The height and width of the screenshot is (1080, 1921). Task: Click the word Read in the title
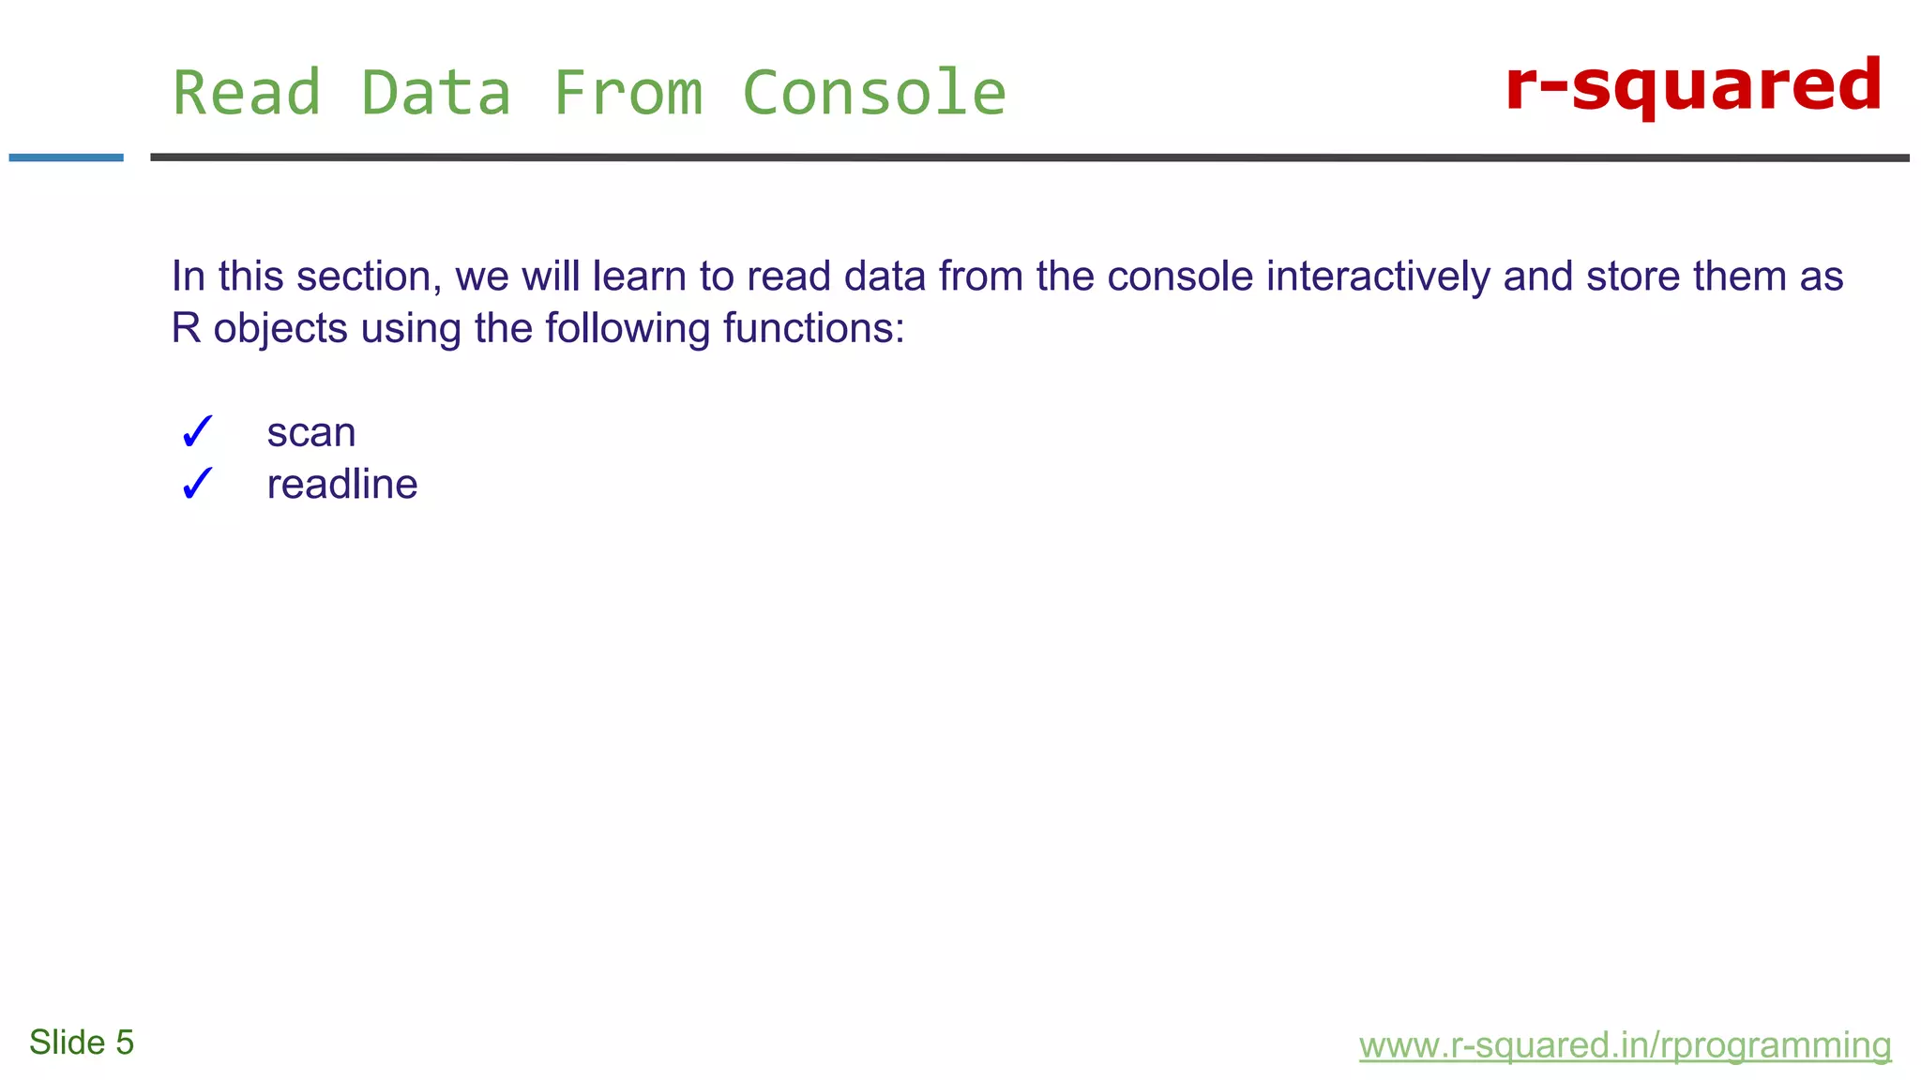(248, 93)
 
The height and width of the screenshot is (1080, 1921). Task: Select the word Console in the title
(874, 93)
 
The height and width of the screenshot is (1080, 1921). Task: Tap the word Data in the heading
(437, 93)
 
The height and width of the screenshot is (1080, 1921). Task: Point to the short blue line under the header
(66, 157)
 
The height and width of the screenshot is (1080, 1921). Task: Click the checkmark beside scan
(197, 432)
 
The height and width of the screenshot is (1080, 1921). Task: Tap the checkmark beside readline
(197, 485)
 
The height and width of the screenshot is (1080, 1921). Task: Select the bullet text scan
(311, 432)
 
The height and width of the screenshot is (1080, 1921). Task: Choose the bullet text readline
(342, 485)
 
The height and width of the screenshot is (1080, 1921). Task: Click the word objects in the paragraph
(280, 329)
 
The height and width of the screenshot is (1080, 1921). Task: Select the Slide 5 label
(82, 1042)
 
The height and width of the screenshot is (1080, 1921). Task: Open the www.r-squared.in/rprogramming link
(1625, 1044)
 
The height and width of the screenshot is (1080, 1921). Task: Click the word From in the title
(628, 93)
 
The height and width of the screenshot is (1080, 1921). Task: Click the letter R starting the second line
(186, 329)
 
